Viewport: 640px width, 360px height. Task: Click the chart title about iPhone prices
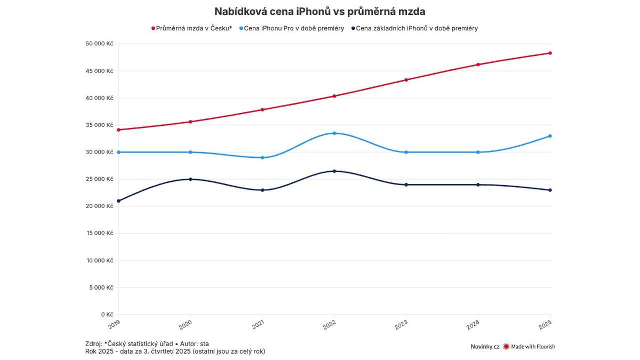[320, 11]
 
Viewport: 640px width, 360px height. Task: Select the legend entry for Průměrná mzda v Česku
[192, 28]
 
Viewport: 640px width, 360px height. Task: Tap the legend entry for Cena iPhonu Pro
[292, 28]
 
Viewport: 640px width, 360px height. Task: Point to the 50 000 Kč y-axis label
[99, 44]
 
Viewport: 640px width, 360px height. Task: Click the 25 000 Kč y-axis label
[99, 179]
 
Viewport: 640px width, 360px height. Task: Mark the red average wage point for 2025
[550, 53]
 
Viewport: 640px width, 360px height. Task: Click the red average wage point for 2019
[118, 130]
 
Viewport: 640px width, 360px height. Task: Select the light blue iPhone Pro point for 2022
[334, 133]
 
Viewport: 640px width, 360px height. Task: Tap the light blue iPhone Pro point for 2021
[262, 157]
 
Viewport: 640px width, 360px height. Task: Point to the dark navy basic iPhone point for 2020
[190, 179]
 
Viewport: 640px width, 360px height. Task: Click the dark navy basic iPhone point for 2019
[118, 201]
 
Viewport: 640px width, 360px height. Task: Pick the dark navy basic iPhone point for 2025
[550, 190]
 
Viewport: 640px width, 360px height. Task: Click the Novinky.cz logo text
[484, 347]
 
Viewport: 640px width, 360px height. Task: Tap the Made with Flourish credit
[529, 347]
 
